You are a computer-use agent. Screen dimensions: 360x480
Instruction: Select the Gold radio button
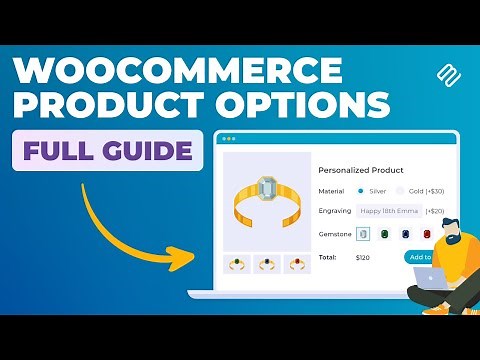click(401, 190)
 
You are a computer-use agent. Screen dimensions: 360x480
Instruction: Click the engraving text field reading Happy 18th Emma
click(389, 211)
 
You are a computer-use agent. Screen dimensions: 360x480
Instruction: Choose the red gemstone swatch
click(427, 233)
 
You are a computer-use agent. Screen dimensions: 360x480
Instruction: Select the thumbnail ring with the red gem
click(297, 264)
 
